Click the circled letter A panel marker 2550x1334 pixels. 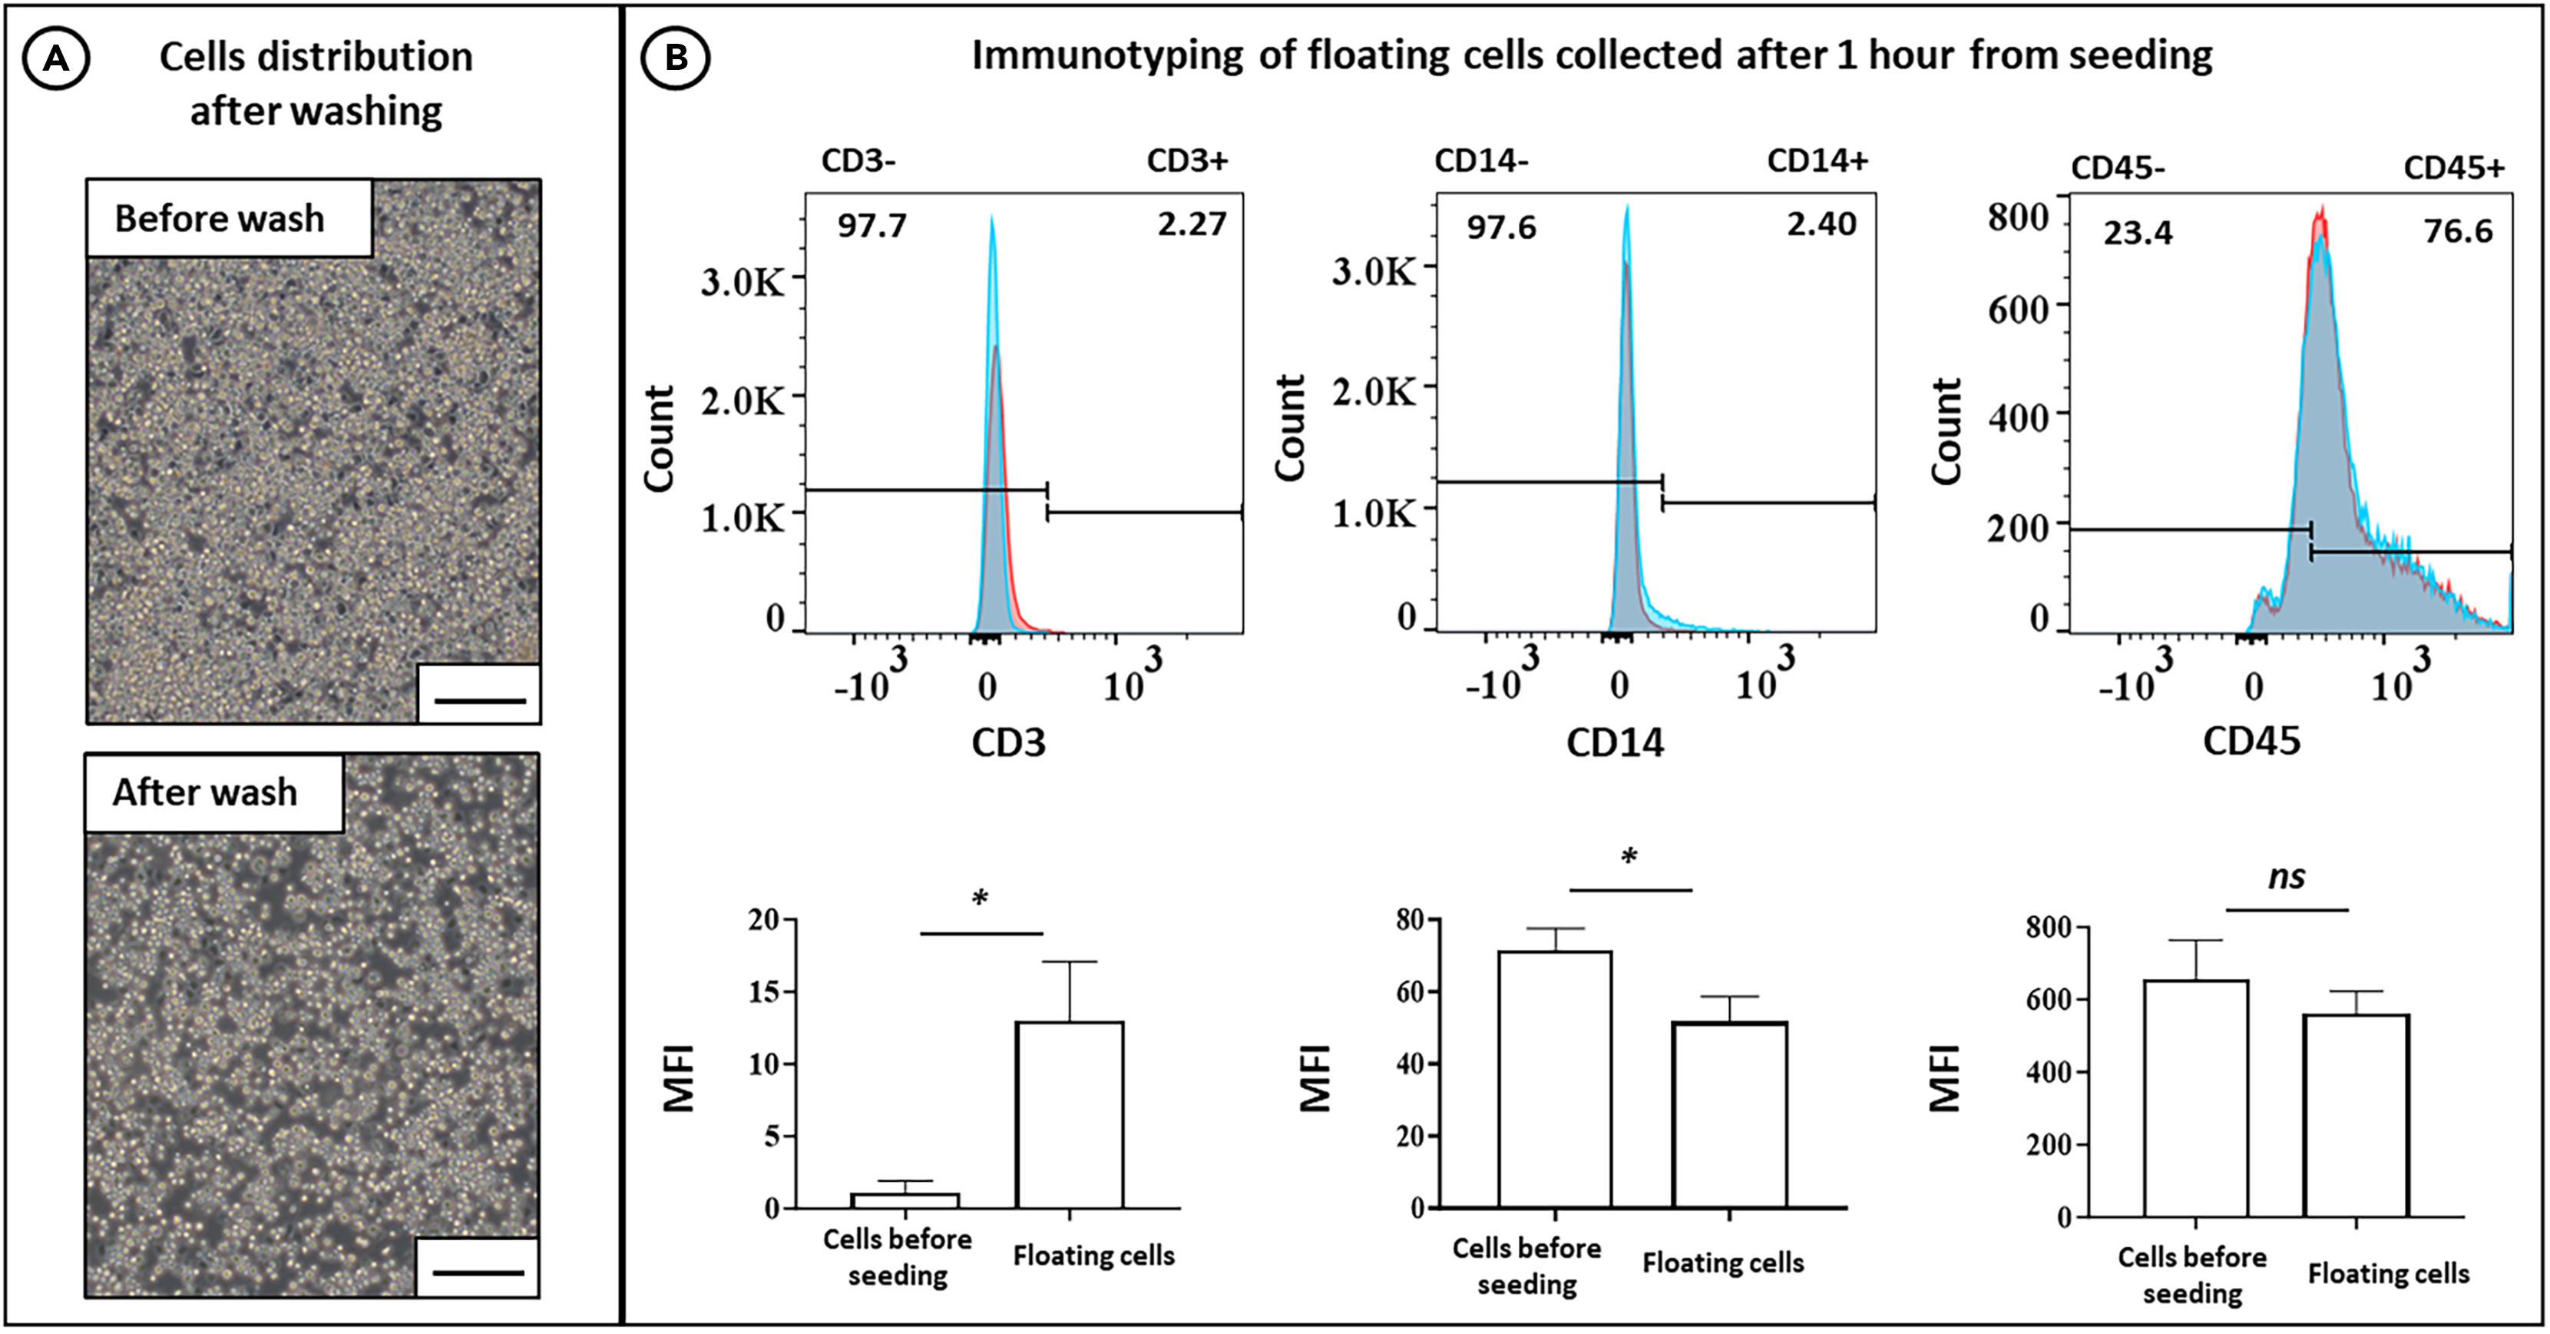pyautogui.click(x=56, y=59)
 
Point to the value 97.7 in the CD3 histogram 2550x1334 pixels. pyautogui.click(x=871, y=226)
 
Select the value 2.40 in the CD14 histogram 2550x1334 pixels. pyautogui.click(x=1821, y=224)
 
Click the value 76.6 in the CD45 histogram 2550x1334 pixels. pyautogui.click(x=2457, y=232)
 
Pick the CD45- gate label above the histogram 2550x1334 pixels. pyautogui.click(x=2118, y=168)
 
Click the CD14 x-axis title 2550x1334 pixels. pyautogui.click(x=1615, y=743)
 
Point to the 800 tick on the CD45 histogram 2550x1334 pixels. pyautogui.click(x=2017, y=217)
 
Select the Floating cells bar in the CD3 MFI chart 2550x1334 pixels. pyautogui.click(x=1069, y=1114)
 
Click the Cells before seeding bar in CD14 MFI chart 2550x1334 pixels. pyautogui.click(x=1554, y=1080)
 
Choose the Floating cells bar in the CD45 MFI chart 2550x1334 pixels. pyautogui.click(x=2355, y=1114)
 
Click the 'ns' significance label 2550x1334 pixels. pyautogui.click(x=2287, y=877)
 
